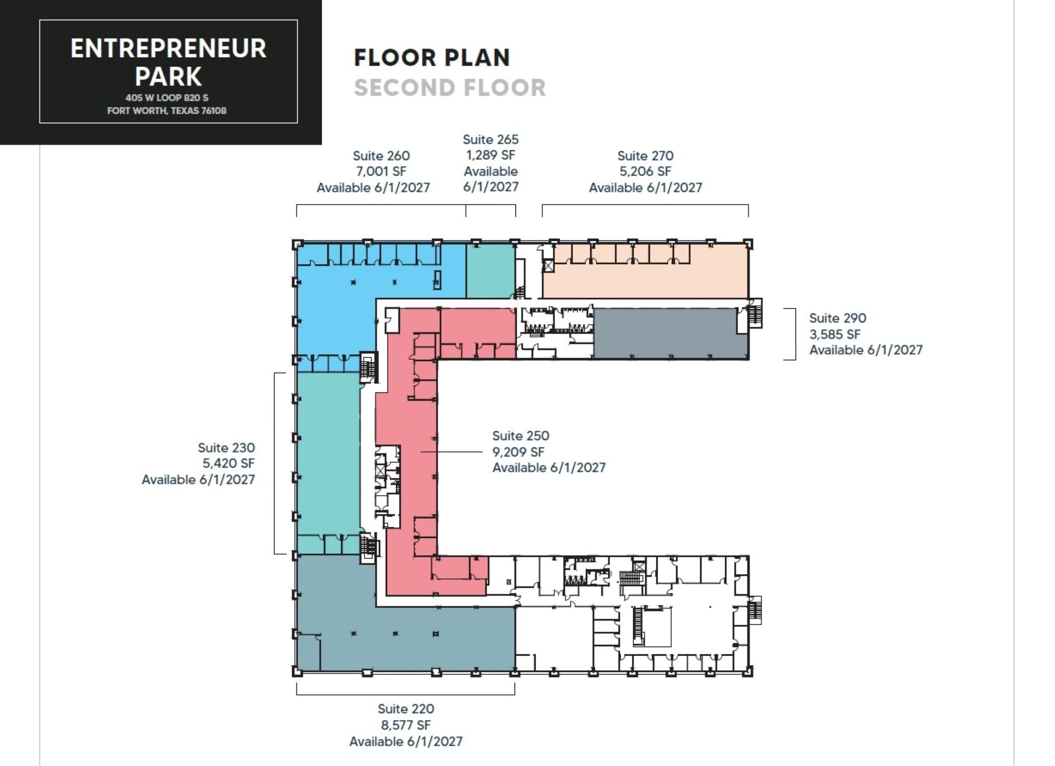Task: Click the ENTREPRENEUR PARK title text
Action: click(168, 62)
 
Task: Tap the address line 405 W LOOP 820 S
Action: click(167, 98)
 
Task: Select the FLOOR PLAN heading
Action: click(432, 57)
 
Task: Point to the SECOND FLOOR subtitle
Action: click(449, 88)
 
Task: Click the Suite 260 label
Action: click(381, 156)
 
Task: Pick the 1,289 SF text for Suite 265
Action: click(491, 155)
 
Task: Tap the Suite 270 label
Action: click(645, 156)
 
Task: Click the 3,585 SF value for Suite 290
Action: click(835, 334)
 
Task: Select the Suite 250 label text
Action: click(521, 435)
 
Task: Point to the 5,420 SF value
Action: click(228, 463)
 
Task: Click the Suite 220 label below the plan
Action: click(406, 709)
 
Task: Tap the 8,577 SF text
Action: click(406, 725)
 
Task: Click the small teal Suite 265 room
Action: click(491, 270)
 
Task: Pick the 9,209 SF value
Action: click(518, 452)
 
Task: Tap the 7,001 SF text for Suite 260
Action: click(381, 171)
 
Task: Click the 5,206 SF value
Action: click(645, 171)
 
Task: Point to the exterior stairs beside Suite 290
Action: click(755, 314)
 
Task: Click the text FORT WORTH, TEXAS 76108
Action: click(167, 111)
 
